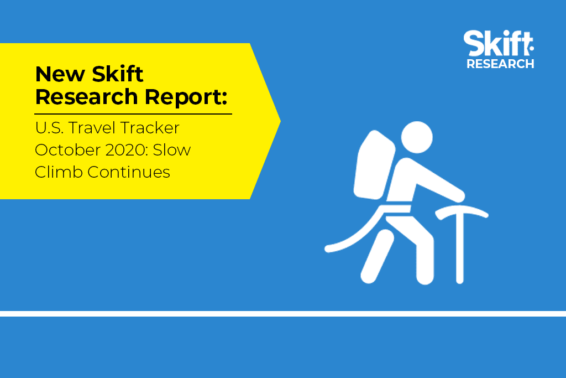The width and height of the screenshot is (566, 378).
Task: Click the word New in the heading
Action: pos(60,74)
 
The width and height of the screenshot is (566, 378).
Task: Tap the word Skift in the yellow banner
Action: pos(118,74)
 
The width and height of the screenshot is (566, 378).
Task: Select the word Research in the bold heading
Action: pos(87,97)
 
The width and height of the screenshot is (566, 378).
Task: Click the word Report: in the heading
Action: pos(186,97)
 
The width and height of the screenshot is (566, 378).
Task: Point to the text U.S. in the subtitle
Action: pos(49,128)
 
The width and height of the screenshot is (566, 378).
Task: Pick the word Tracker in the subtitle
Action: pos(150,128)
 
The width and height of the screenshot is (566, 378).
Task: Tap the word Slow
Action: pos(172,150)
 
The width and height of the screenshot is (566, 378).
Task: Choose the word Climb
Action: pos(59,172)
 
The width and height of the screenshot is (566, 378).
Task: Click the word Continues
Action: pos(129,172)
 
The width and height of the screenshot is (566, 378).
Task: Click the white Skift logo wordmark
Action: pos(499,43)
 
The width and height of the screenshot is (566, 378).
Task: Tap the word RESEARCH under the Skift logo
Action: pos(500,64)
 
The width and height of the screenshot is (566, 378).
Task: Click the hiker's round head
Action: pos(417,137)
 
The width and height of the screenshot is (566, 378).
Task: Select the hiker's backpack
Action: pos(374,164)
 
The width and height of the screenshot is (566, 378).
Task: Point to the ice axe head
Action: pos(462,211)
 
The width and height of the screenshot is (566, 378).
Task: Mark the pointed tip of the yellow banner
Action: pos(280,121)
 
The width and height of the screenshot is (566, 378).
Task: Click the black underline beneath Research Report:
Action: pos(133,114)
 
